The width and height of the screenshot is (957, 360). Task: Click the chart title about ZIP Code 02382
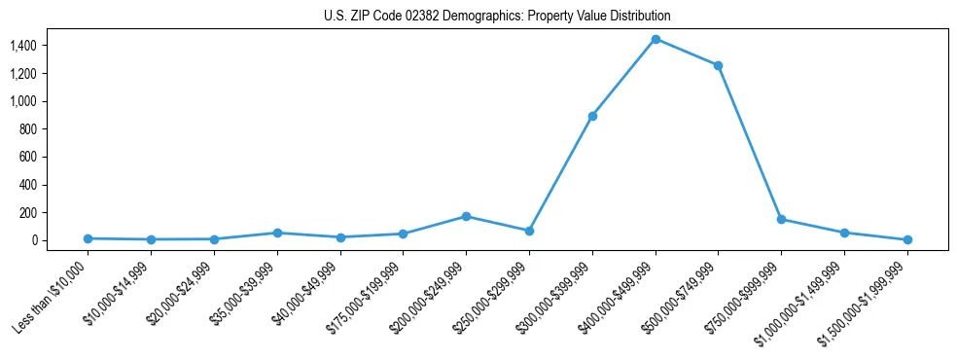pyautogui.click(x=497, y=17)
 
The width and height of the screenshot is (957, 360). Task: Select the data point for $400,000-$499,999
pyautogui.click(x=656, y=39)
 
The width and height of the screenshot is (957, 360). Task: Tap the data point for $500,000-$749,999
pyautogui.click(x=718, y=65)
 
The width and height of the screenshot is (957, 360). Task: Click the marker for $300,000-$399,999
pyautogui.click(x=592, y=116)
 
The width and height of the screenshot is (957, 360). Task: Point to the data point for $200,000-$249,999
pyautogui.click(x=466, y=216)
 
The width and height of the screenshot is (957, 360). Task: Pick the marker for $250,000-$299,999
pyautogui.click(x=529, y=231)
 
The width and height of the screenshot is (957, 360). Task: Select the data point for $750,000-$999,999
pyautogui.click(x=781, y=219)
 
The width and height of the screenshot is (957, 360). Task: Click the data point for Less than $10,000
pyautogui.click(x=88, y=238)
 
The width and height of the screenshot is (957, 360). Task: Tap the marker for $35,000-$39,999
pyautogui.click(x=277, y=233)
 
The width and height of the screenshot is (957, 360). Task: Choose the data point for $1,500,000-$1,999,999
pyautogui.click(x=907, y=239)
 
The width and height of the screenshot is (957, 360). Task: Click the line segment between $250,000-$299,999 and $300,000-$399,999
pyautogui.click(x=560, y=173)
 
